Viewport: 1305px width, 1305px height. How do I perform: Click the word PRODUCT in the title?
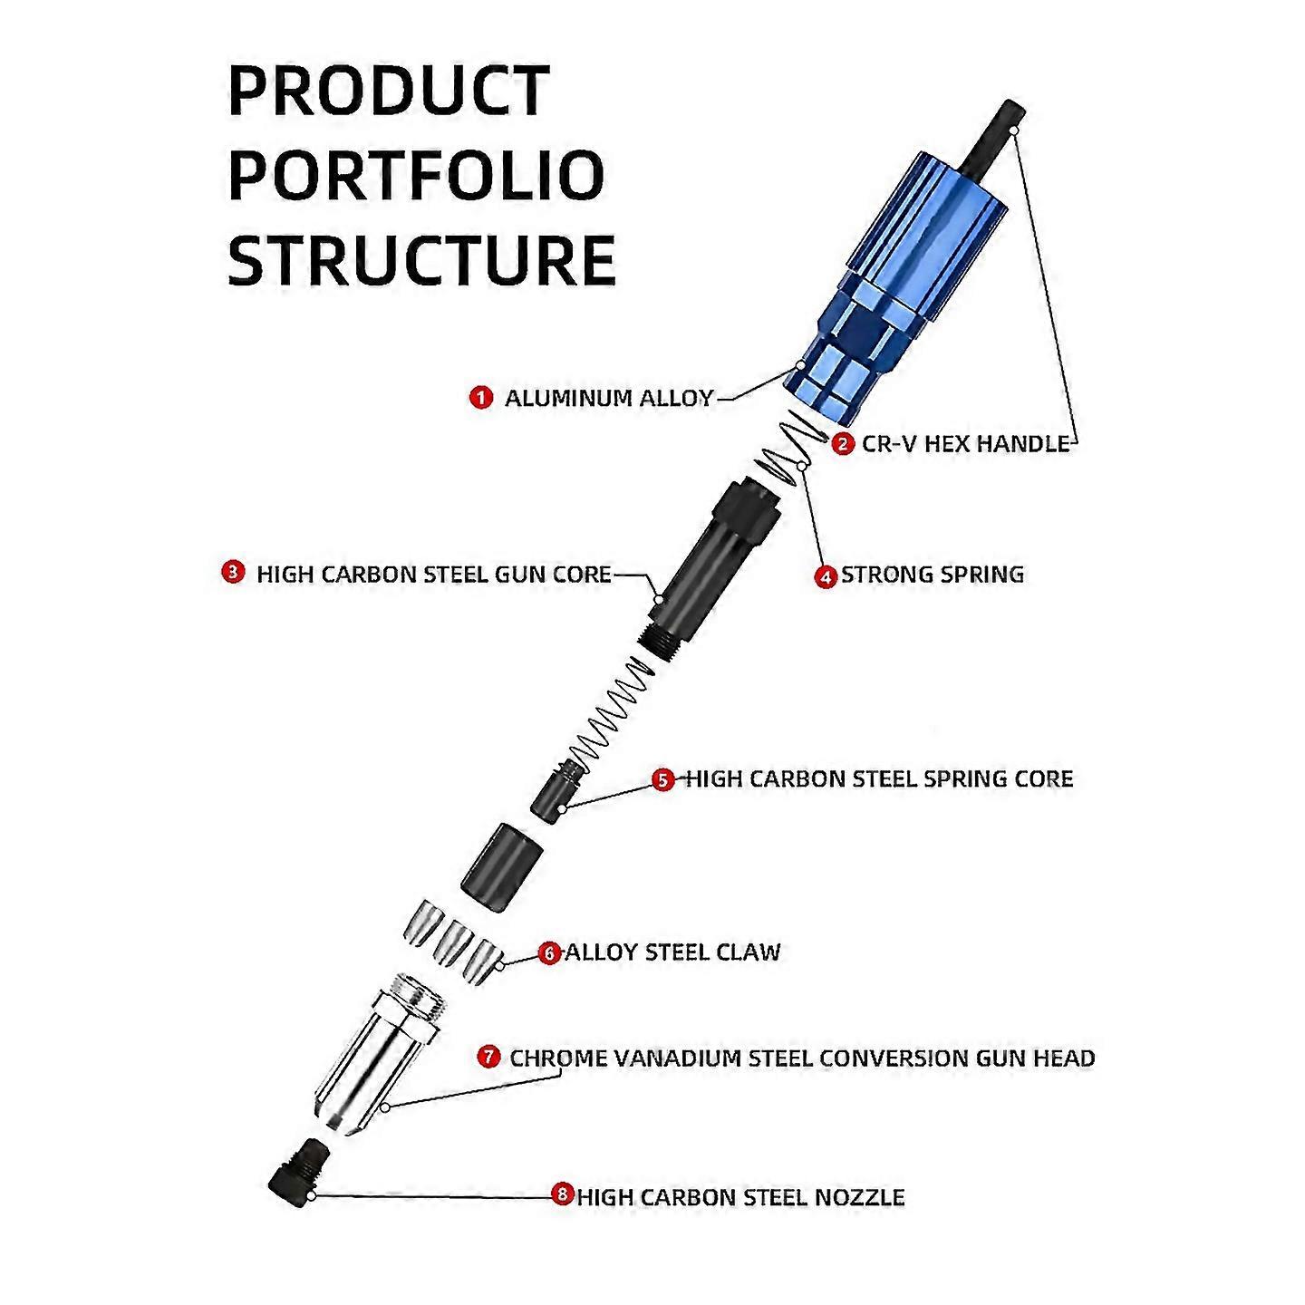pos(389,91)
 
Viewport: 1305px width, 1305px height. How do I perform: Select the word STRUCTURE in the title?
pos(421,259)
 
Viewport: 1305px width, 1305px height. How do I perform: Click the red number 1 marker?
pos(480,397)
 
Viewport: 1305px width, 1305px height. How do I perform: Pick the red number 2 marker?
pos(843,443)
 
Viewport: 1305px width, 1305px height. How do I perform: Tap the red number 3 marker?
pos(234,573)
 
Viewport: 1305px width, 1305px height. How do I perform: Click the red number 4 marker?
pos(825,575)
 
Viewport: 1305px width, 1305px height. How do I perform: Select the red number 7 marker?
pos(489,1057)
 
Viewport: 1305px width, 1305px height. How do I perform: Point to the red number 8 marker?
pos(564,1195)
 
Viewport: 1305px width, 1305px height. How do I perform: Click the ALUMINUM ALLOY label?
pos(609,398)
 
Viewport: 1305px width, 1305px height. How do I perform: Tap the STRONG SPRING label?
pos(933,575)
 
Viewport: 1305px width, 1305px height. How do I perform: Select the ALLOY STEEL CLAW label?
pos(672,952)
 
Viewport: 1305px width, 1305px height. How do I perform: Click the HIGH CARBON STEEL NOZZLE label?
pos(740,1197)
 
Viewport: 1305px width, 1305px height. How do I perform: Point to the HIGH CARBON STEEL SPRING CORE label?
pos(879,779)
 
